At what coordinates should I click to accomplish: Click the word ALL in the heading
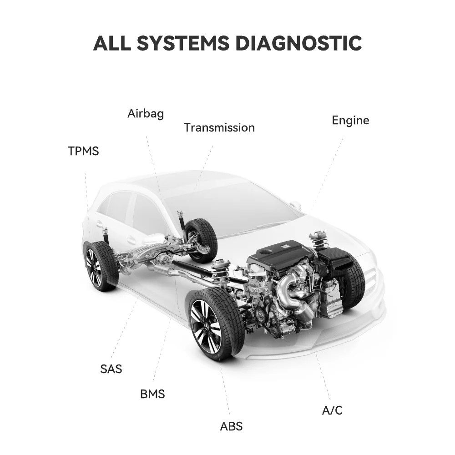point(112,43)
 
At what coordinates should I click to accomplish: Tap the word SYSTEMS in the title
point(183,43)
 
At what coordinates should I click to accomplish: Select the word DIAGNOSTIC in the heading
point(298,43)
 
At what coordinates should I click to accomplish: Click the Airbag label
point(146,113)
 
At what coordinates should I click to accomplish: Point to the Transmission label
point(219,127)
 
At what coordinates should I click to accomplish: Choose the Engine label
point(350,121)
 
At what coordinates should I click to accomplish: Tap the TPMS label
point(83,151)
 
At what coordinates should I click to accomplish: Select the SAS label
point(111,369)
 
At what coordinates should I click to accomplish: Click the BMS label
point(152,394)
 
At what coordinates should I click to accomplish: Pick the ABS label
point(231,426)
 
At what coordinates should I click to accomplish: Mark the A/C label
point(332,410)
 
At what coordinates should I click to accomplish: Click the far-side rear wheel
point(201,240)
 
